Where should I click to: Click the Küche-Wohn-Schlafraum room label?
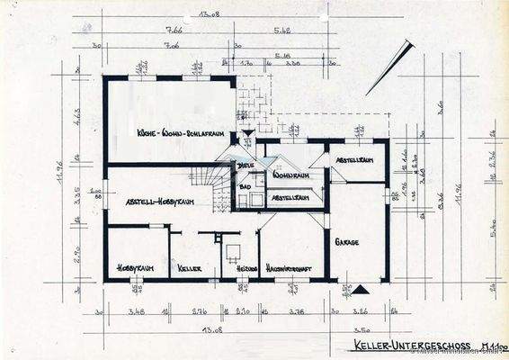tap(181, 133)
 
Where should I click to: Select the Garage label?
tap(347, 243)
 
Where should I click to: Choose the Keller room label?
tap(190, 267)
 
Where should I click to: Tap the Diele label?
tap(245, 166)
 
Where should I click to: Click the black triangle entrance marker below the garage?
tap(362, 288)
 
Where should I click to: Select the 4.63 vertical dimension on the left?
tap(78, 117)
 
